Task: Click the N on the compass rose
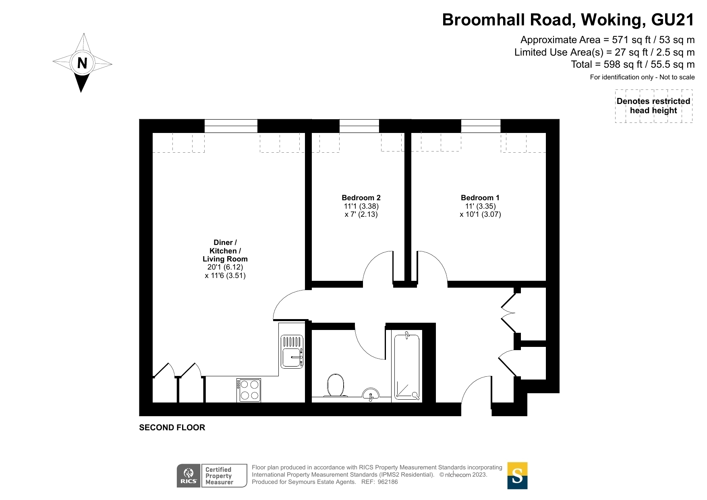coord(82,63)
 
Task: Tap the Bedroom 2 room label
coord(361,198)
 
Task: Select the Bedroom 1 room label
coord(480,198)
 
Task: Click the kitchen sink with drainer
coord(292,351)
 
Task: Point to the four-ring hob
coord(249,390)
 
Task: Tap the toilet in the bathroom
coord(336,386)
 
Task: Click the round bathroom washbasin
coord(371,393)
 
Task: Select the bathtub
coord(407,366)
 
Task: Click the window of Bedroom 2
coord(359,126)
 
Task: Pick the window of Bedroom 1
coord(481,126)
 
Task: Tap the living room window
coord(231,126)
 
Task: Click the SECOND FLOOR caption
coord(172,427)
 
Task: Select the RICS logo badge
coord(189,475)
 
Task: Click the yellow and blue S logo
coord(517,475)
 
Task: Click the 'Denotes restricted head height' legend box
coord(653,106)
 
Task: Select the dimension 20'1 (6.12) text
coord(225,267)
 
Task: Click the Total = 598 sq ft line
coord(632,64)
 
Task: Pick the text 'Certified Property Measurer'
coord(219,476)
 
